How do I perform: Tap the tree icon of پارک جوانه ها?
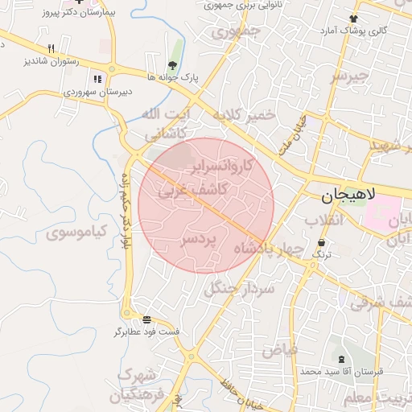pyautogui.click(x=172, y=65)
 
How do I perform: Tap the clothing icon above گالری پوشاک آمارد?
pyautogui.click(x=353, y=18)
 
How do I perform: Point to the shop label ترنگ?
pyautogui.click(x=322, y=254)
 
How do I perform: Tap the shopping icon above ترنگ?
pyautogui.click(x=322, y=242)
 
